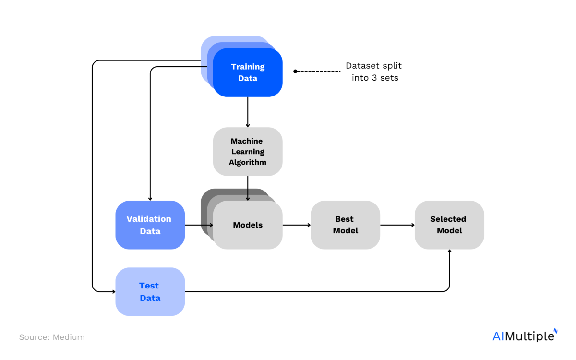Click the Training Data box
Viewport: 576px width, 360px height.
tap(248, 72)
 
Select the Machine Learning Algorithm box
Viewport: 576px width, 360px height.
tap(248, 151)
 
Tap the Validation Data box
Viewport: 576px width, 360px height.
tap(150, 225)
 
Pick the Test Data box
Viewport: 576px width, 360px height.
tap(150, 291)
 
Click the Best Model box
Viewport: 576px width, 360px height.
tap(345, 225)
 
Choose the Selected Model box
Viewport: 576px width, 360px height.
tap(449, 225)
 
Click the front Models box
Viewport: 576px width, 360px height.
tap(248, 225)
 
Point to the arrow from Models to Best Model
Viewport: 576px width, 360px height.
tap(296, 225)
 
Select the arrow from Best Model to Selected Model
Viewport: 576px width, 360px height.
tap(397, 225)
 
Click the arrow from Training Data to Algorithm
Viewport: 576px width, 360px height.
tap(248, 112)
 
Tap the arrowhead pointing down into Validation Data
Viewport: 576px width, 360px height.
tap(150, 198)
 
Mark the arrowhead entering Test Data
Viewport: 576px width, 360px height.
tap(113, 291)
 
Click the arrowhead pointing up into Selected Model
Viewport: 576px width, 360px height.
tap(449, 252)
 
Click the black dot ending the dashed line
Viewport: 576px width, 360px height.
tap(296, 71)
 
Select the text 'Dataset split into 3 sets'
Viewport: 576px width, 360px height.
tap(374, 72)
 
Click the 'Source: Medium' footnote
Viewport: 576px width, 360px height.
tap(52, 337)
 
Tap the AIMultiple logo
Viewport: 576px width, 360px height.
tap(525, 336)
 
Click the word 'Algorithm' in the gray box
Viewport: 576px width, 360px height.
tap(248, 162)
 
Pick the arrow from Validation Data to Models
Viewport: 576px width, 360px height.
tap(199, 225)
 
